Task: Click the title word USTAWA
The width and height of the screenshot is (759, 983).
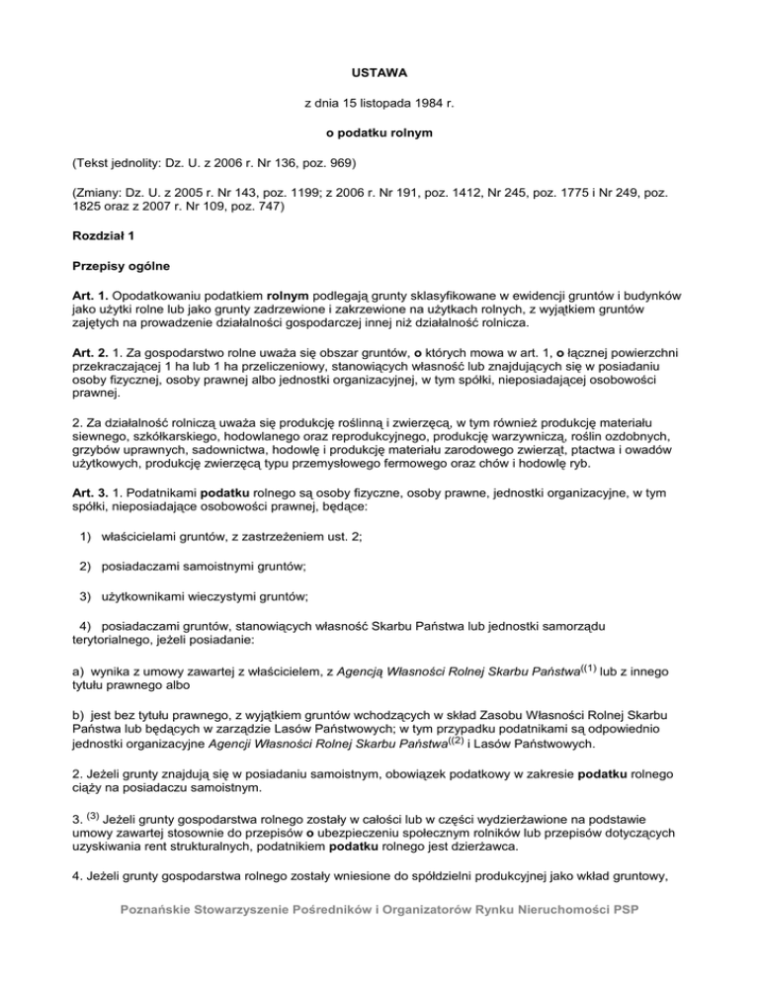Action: tap(379, 73)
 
